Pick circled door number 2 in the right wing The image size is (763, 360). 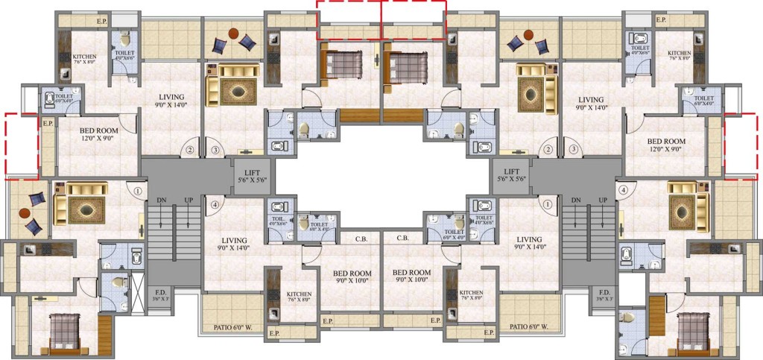pos(549,151)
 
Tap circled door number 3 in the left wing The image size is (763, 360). pos(215,151)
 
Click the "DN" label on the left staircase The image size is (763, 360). pos(161,200)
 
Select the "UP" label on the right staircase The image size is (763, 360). pos(601,200)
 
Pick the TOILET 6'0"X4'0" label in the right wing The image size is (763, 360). pos(703,101)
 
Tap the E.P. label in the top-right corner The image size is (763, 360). pos(660,20)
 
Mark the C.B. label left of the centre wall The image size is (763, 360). pos(361,239)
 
